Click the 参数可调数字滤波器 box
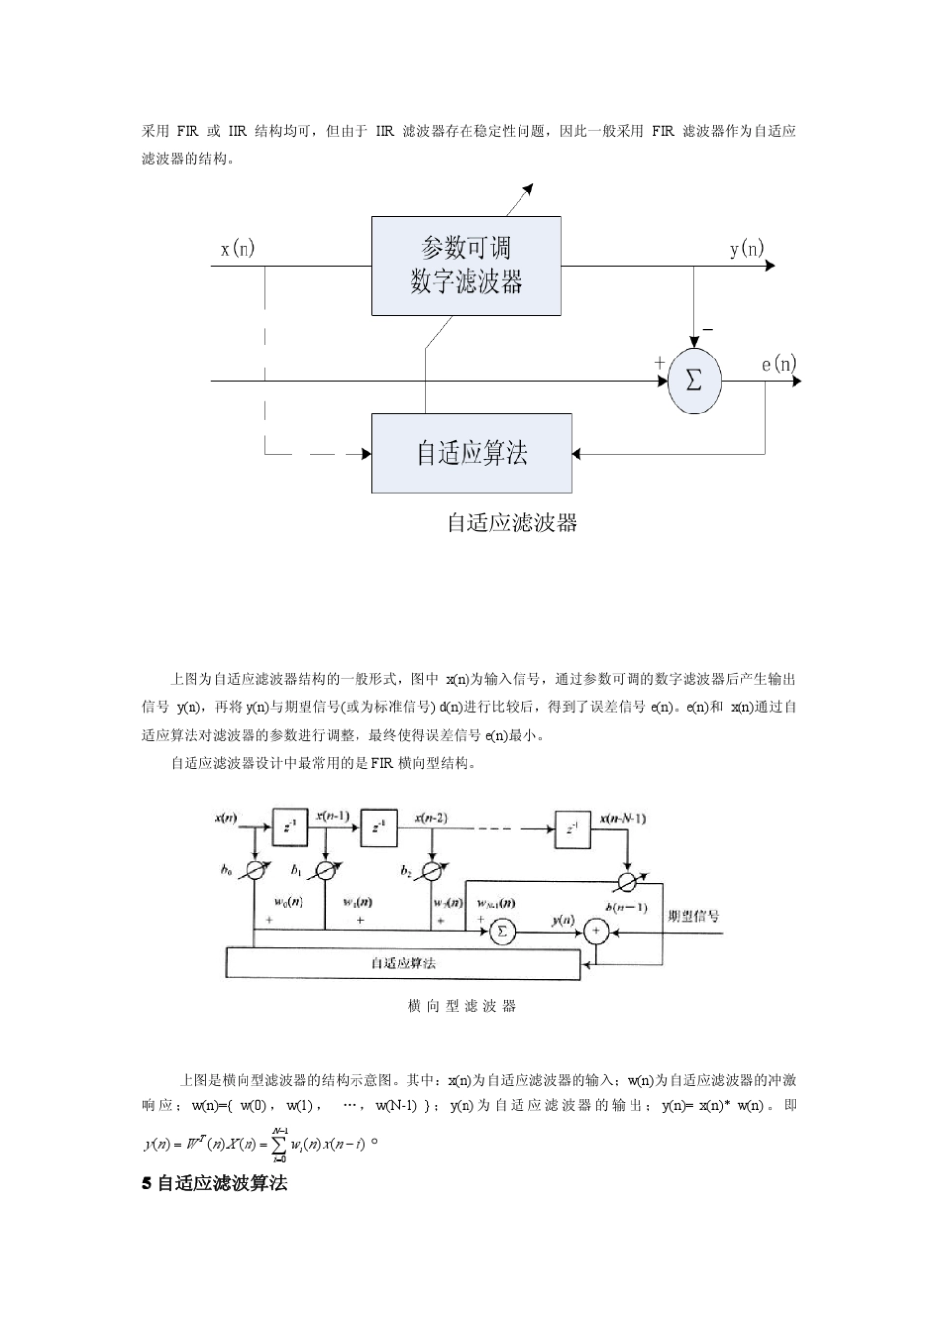(466, 266)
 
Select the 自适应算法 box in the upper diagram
(471, 453)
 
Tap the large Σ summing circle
(693, 381)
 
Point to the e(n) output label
(779, 364)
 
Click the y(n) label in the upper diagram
(746, 248)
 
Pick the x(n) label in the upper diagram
(238, 248)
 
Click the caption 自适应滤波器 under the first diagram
(512, 522)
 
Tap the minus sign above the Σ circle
(708, 329)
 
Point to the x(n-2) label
(431, 817)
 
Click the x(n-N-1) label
(622, 817)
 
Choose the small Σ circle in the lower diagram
(502, 931)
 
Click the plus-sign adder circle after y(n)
(595, 931)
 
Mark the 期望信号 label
(692, 916)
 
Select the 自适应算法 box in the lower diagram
(403, 962)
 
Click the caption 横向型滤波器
(461, 1006)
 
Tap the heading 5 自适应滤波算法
(215, 1183)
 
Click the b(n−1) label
(627, 907)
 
